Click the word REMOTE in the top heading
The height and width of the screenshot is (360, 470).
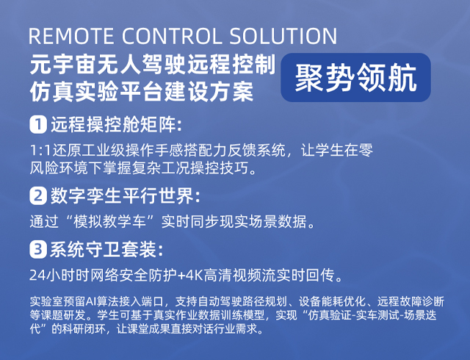[x=71, y=36]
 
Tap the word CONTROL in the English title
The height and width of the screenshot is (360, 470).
[x=171, y=36]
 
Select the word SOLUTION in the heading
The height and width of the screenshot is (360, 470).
[x=283, y=36]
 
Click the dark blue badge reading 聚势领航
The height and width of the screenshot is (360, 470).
[x=355, y=77]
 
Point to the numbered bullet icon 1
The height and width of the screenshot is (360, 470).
[x=38, y=124]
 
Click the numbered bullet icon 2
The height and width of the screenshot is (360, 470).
[x=38, y=196]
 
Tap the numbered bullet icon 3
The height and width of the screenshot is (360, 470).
[x=38, y=250]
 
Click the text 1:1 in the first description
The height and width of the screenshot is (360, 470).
[x=41, y=151]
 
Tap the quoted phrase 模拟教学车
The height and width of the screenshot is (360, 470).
[x=109, y=222]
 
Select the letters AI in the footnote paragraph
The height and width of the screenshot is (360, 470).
[x=90, y=301]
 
